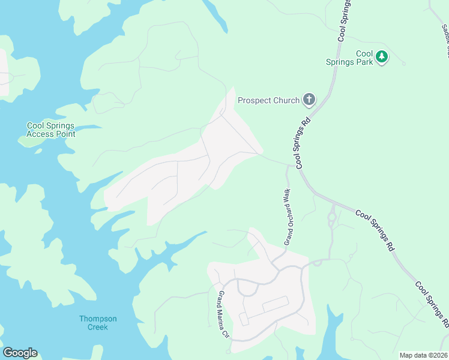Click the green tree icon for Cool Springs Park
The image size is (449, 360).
click(x=382, y=58)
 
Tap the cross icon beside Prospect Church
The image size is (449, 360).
click(x=309, y=100)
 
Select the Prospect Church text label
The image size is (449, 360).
click(x=268, y=100)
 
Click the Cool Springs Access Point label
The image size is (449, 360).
click(x=51, y=130)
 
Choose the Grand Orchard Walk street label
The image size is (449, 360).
click(x=287, y=217)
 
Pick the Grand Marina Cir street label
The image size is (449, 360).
click(x=224, y=314)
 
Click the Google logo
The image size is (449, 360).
click(x=20, y=353)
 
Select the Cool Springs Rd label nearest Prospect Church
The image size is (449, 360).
click(x=303, y=140)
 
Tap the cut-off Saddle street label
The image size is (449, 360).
click(x=445, y=40)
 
